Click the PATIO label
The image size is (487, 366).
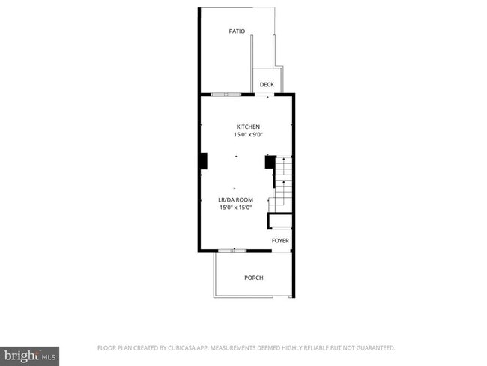237,31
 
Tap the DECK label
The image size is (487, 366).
267,85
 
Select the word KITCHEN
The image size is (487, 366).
248,127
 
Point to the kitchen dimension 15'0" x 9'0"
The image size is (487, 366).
248,135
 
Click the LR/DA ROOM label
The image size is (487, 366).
235,200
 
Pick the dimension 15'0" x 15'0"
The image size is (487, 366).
235,208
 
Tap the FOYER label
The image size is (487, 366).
280,241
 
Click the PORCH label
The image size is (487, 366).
253,277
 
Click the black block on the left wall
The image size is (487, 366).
202,161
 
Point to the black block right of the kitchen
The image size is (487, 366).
270,161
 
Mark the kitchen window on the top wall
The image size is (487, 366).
226,94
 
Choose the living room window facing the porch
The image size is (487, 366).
233,249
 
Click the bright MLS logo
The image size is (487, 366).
29,354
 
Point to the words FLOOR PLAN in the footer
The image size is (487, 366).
115,348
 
